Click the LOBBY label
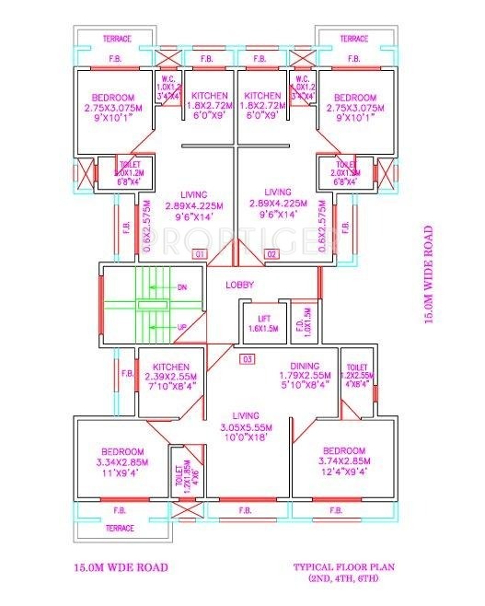241,285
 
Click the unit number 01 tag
197,253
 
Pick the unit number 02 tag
271,253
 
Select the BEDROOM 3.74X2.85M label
318,460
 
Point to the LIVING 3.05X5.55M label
244,427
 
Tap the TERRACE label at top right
354,39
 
